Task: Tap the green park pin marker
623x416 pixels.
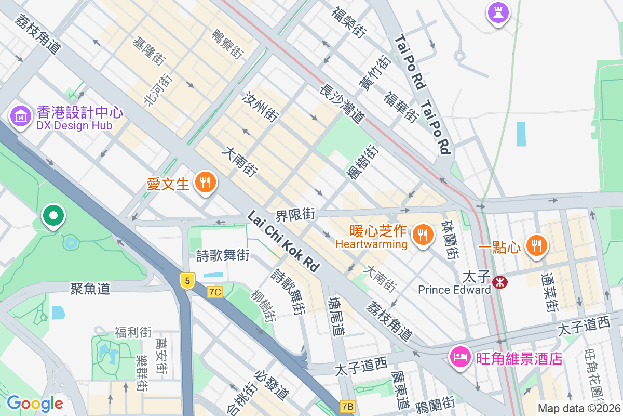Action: coord(52,216)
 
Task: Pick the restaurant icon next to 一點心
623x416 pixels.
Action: coord(536,245)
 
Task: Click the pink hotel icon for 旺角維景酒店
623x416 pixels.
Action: coord(461,357)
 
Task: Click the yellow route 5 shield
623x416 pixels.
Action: coord(187,281)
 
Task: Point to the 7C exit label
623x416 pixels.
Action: coord(215,292)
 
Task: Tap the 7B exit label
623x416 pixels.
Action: coord(348,406)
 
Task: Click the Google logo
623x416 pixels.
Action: coord(35,404)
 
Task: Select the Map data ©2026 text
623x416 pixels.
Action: coord(578,409)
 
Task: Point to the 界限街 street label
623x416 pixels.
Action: coord(295,214)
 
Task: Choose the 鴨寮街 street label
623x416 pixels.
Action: coord(227,43)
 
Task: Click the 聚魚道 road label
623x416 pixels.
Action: coord(90,289)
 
